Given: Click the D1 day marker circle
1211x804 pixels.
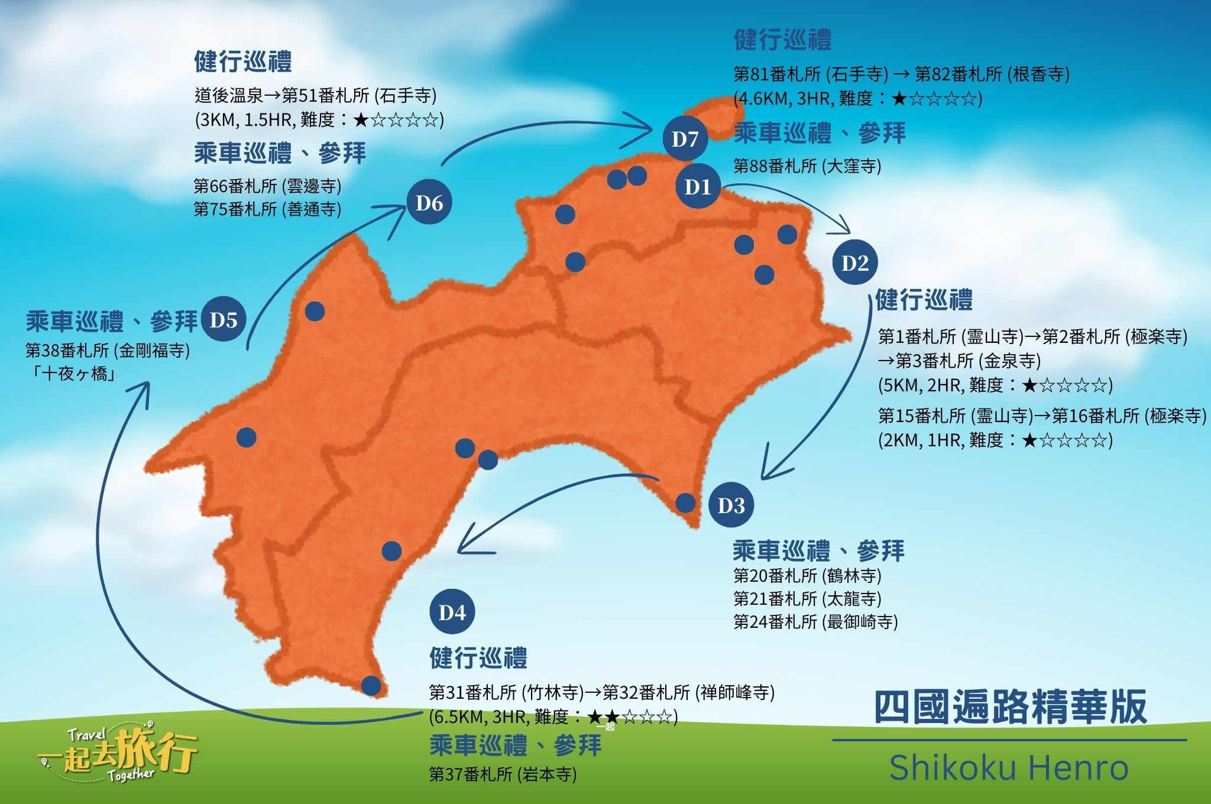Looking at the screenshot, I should point(698,186).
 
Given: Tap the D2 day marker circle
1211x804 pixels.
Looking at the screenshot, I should point(854,262).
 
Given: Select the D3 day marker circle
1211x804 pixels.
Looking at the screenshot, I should point(731,505).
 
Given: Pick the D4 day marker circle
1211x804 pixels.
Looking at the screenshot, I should point(452,612).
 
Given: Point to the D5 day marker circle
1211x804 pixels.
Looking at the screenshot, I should point(224,320).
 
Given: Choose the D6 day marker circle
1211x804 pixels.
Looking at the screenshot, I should point(429,203).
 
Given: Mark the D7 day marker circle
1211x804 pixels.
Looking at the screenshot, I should point(685,139).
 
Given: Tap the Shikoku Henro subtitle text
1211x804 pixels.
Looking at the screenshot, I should point(1009,767).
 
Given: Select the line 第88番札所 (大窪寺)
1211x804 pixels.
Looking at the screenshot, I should point(807,166).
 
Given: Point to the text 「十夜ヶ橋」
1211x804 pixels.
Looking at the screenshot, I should point(73,374).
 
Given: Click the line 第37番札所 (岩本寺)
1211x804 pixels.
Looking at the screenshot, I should point(503,774).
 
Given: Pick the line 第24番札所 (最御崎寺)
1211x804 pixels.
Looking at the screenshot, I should point(815,622).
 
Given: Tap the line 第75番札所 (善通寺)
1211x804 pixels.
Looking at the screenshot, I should point(267,209).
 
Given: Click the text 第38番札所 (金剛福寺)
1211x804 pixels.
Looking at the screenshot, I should point(108,351).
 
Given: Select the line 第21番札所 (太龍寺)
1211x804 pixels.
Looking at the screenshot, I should point(807,599).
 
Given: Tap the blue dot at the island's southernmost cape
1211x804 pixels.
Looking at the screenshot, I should point(371,686).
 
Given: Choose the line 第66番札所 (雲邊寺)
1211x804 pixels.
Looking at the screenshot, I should point(267,186).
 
